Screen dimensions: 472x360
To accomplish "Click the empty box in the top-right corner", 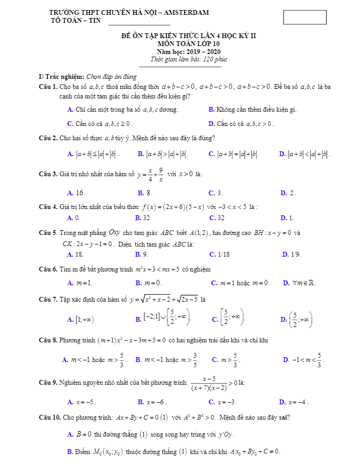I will click(304, 17).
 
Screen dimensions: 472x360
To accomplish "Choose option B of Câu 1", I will click(253, 110).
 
